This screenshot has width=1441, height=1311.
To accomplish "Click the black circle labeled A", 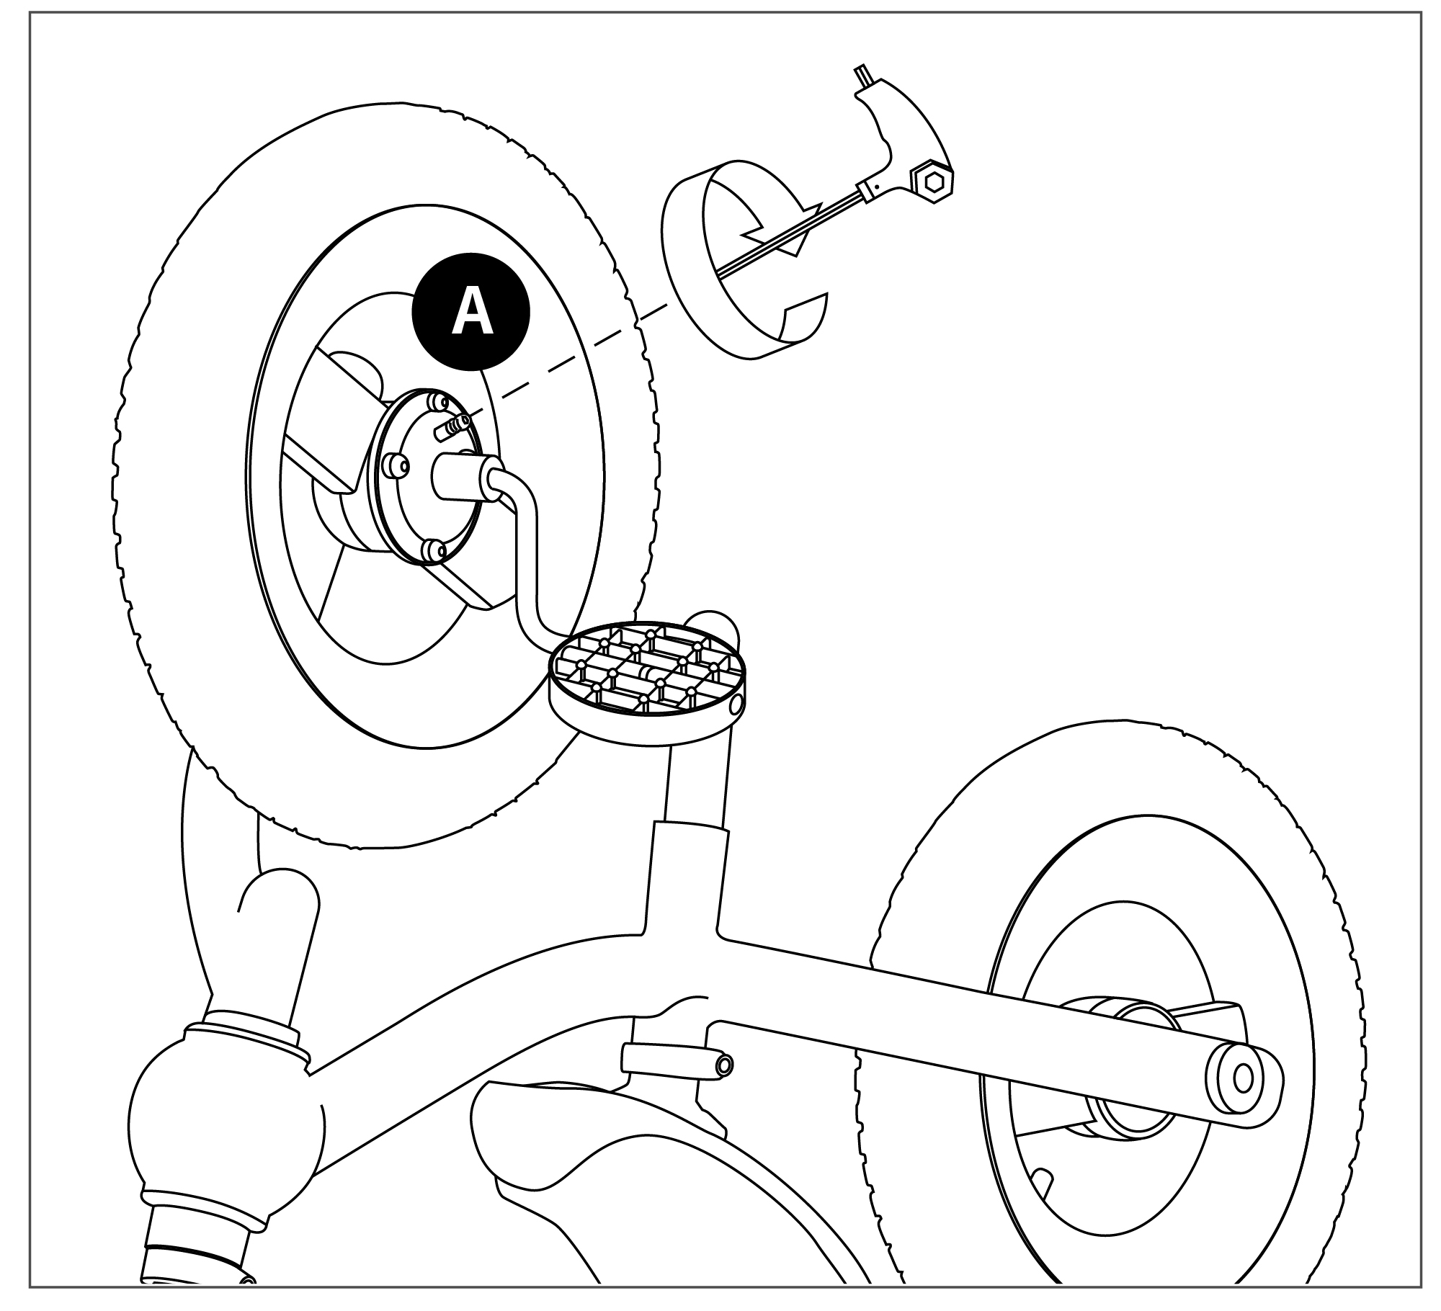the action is click(470, 311).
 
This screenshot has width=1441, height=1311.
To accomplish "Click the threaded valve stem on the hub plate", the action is click(452, 426).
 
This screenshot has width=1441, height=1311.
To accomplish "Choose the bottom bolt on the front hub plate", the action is click(434, 552).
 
